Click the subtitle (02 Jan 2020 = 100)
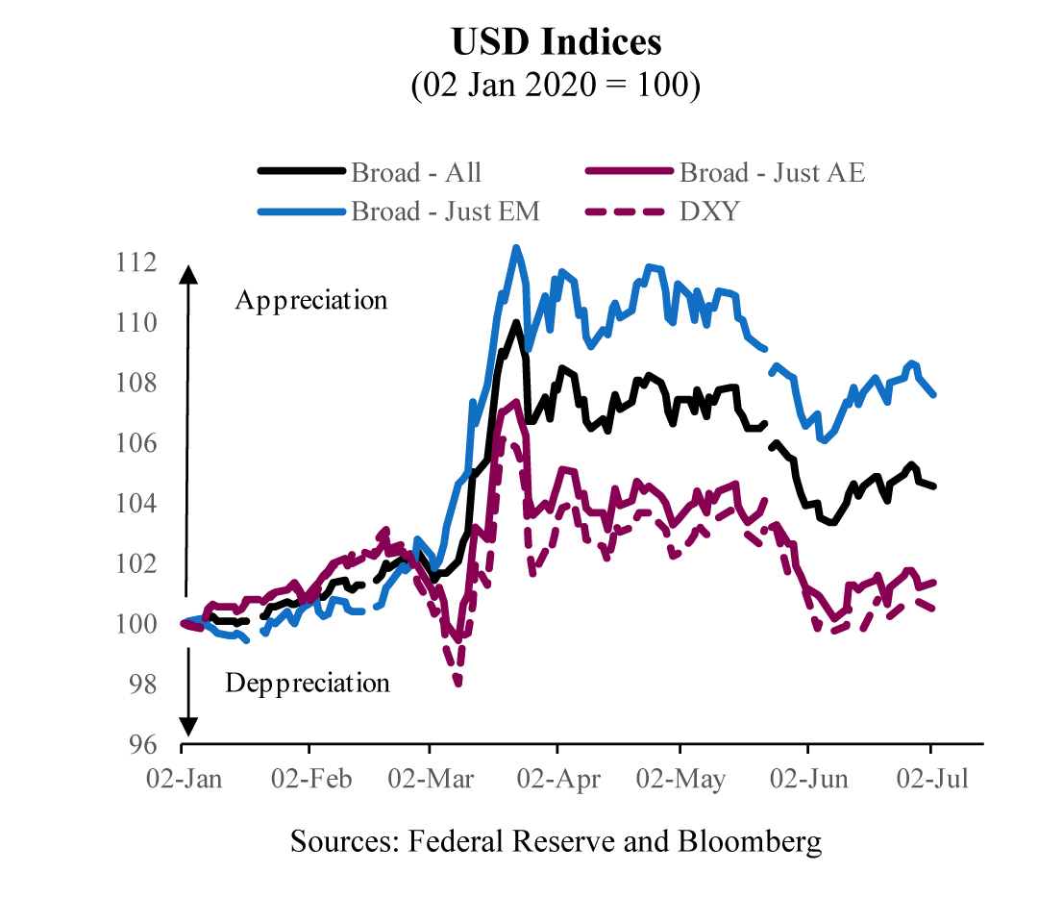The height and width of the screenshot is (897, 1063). (556, 86)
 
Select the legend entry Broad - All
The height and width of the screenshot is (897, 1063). (416, 173)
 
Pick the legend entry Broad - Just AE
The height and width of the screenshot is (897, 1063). (772, 173)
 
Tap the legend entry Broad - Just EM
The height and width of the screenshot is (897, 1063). (445, 211)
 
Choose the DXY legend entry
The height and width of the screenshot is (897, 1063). (709, 211)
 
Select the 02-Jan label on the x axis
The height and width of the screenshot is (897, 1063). (183, 778)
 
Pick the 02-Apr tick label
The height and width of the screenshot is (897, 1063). (556, 778)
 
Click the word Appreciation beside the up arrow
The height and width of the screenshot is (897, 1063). (311, 300)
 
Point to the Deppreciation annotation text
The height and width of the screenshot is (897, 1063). (308, 684)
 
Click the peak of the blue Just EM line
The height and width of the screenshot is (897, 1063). (516, 248)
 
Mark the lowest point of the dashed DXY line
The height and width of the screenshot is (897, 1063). (459, 684)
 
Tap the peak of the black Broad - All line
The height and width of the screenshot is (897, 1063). (516, 323)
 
